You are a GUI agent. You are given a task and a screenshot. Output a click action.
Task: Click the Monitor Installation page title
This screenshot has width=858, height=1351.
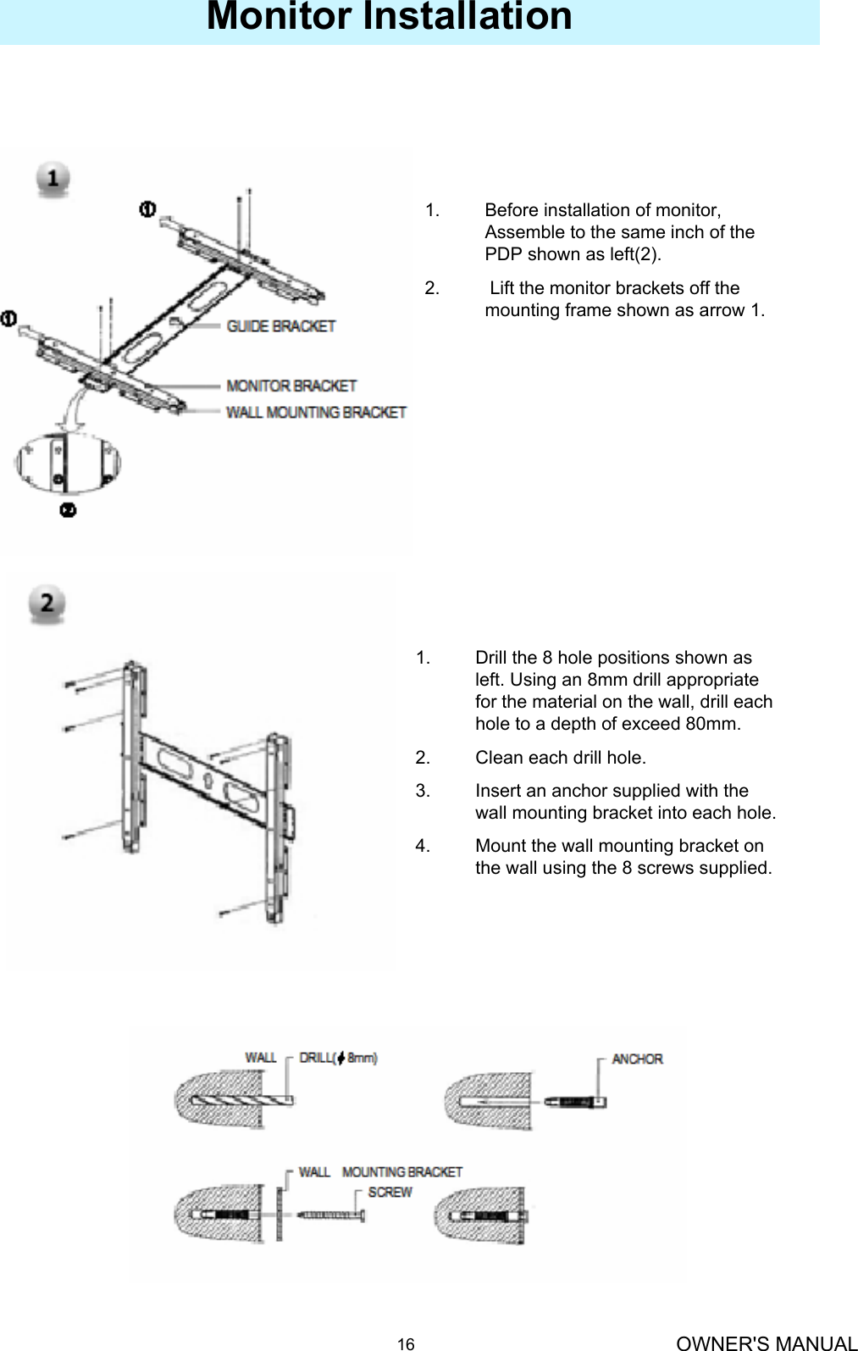coord(389,17)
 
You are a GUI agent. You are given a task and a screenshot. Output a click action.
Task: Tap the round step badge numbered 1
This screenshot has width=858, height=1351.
coord(53,180)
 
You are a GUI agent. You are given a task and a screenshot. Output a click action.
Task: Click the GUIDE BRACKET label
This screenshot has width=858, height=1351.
coord(280,326)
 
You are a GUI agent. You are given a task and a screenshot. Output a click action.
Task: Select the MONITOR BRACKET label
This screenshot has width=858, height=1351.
coord(291,386)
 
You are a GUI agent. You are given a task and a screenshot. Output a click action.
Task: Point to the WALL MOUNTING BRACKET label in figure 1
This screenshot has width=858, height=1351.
coord(315,413)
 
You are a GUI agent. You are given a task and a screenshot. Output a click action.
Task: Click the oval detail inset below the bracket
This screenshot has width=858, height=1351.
coord(68,463)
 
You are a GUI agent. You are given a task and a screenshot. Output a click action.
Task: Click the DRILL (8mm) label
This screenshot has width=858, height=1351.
coord(338,1058)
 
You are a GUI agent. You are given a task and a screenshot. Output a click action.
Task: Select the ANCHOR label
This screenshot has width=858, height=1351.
coord(637,1059)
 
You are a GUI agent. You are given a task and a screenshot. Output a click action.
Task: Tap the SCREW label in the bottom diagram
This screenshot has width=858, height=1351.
coord(390,1193)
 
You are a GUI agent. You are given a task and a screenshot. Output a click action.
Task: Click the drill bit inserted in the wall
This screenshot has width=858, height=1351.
coord(246,1102)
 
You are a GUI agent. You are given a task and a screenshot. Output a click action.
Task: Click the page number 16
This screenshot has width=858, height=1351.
coord(407,1344)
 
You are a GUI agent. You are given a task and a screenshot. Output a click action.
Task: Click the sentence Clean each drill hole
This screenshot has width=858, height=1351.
coord(560,758)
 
